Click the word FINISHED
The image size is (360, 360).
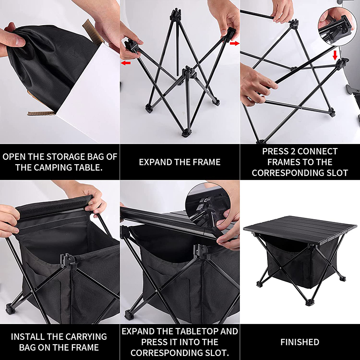click(x=300, y=342)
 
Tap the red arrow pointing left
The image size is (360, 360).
click(x=126, y=63)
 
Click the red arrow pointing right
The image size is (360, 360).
click(x=234, y=43)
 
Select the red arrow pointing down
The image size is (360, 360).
click(x=335, y=55)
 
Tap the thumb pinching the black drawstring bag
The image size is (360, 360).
click(x=17, y=41)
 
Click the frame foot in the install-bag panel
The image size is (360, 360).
click(x=10, y=308)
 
